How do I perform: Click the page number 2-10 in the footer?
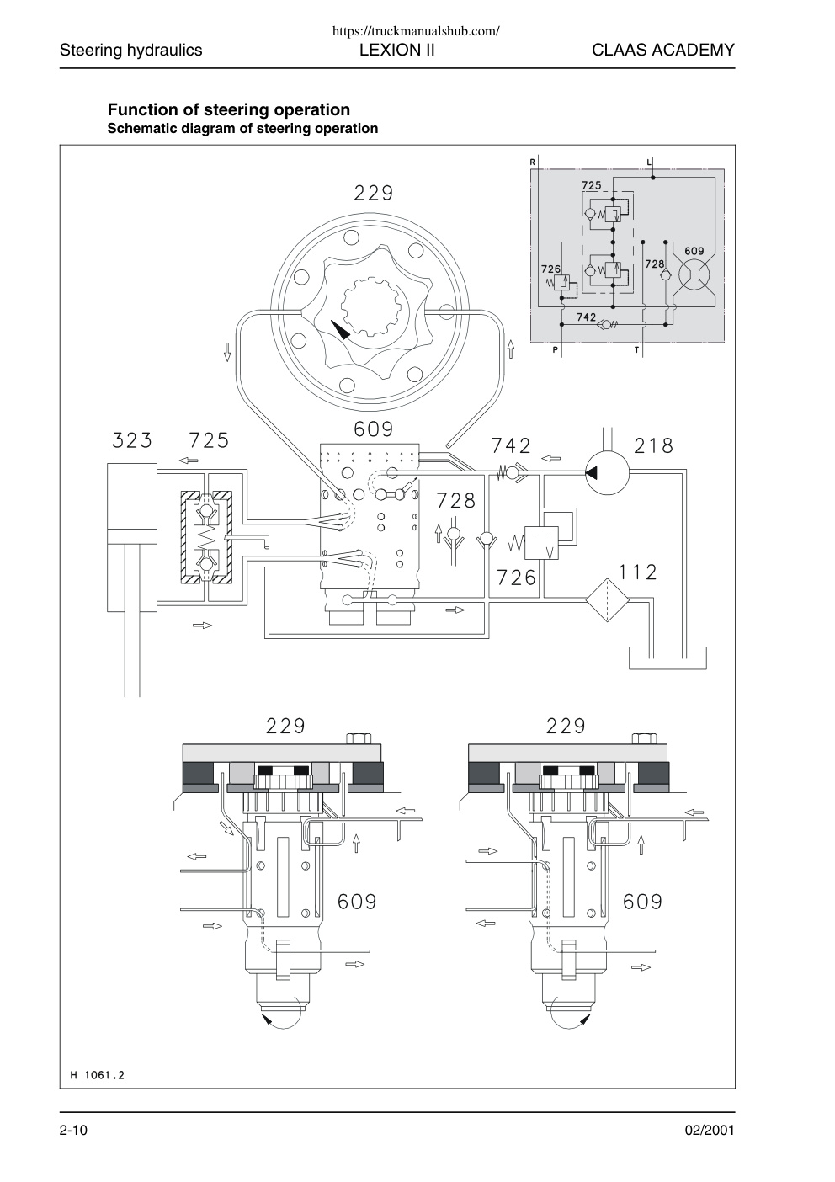click(x=73, y=1130)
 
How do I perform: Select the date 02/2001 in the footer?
click(x=710, y=1130)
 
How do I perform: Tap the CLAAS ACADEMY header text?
click(x=663, y=51)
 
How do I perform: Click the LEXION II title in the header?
click(x=397, y=51)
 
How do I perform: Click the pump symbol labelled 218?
click(x=607, y=473)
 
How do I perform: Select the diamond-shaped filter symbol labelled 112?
click(x=608, y=599)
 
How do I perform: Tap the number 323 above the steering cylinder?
click(x=132, y=440)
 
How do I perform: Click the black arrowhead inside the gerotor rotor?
click(x=340, y=330)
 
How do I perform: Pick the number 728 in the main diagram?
click(x=456, y=500)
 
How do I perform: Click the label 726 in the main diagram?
click(x=516, y=578)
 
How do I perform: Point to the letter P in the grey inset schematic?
click(x=555, y=350)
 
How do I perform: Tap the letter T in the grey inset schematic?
click(x=636, y=350)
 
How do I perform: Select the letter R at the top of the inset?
click(x=533, y=162)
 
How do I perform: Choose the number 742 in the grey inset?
click(x=586, y=317)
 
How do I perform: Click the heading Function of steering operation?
click(x=229, y=109)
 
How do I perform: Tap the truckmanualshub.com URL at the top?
click(x=416, y=31)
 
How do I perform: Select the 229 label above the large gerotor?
click(x=374, y=193)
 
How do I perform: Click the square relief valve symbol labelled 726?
click(x=541, y=543)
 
